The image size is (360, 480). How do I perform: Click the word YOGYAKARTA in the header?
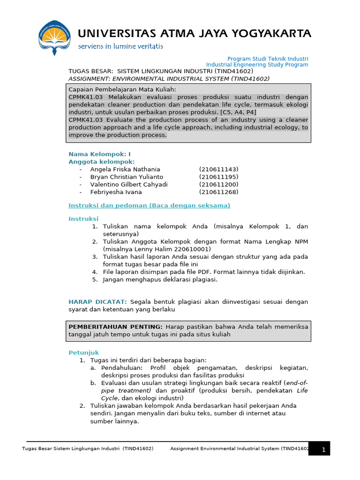272,33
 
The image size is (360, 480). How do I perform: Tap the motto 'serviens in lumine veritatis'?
120,46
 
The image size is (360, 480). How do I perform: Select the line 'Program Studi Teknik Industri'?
268,59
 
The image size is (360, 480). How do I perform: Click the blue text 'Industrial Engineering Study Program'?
257,65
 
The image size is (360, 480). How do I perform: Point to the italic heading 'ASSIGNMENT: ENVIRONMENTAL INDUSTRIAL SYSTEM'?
169,78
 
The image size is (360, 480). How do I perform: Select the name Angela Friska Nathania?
125,169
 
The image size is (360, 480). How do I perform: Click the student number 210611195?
218,177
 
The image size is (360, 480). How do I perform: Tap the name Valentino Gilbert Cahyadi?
129,184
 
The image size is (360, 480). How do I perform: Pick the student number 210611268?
218,192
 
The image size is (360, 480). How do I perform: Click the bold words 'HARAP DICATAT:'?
97,302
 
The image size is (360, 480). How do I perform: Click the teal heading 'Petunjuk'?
84,352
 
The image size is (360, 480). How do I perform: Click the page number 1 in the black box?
323,450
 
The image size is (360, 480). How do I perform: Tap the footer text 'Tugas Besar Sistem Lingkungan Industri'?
71,449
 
